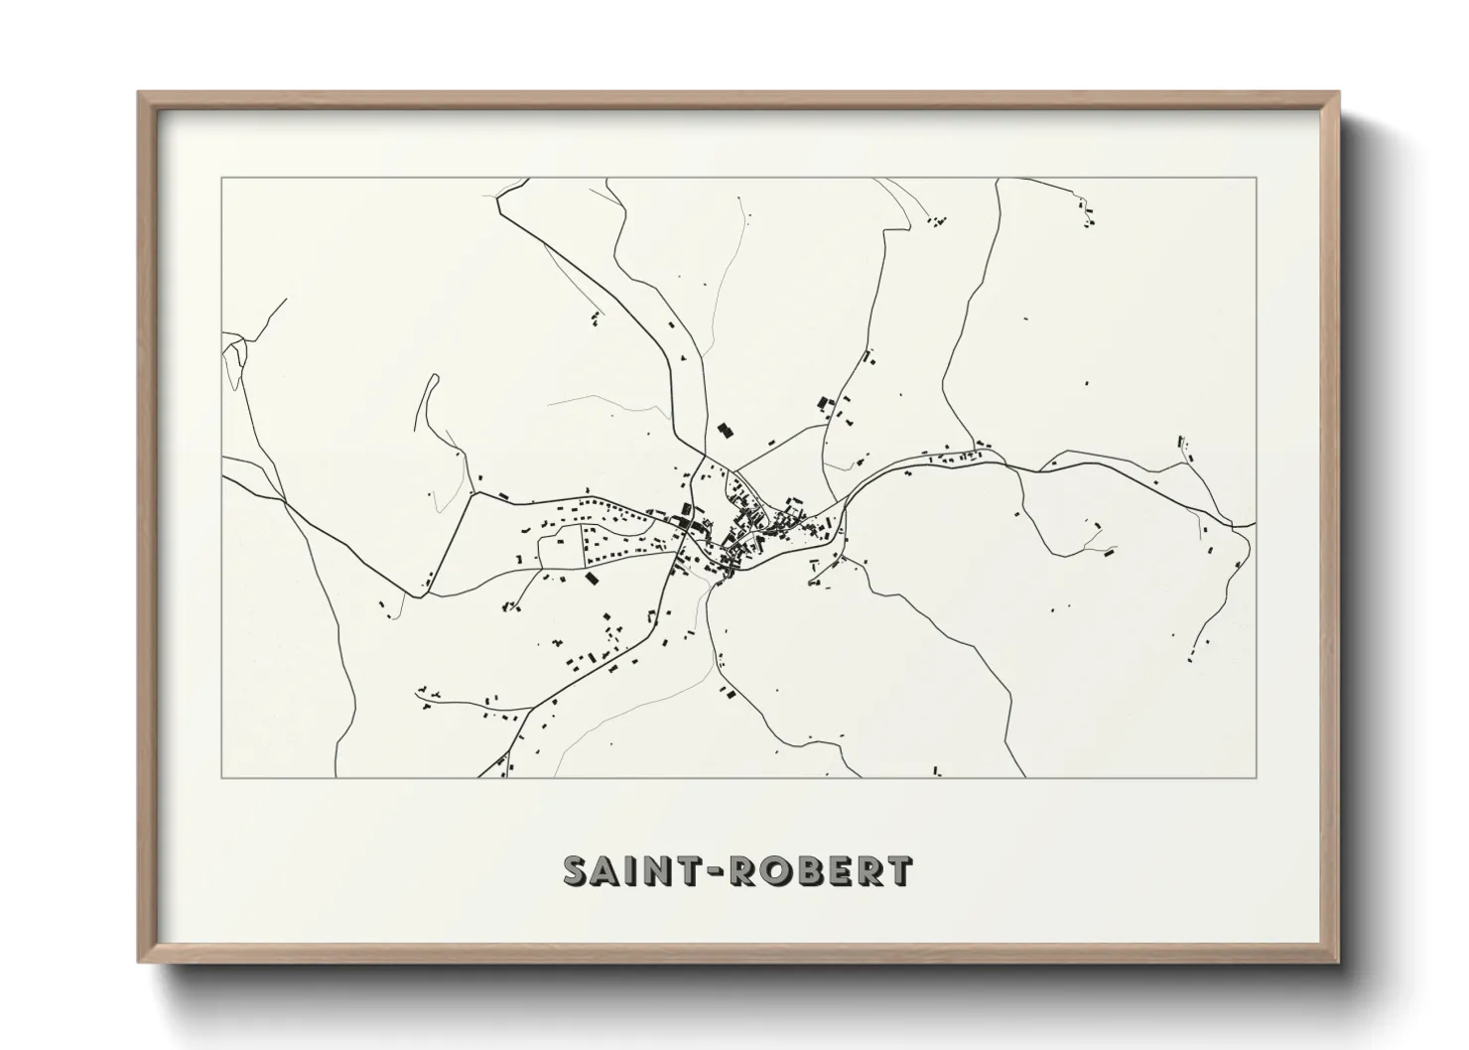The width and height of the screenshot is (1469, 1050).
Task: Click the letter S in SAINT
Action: point(578,870)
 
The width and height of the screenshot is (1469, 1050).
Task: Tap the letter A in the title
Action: point(608,870)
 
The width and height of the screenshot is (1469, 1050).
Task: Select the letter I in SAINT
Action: point(631,870)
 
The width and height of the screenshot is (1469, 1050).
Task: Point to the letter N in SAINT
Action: point(658,870)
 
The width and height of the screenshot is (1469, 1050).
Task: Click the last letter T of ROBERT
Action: point(899,870)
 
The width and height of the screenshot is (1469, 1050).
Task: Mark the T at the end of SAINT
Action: point(690,870)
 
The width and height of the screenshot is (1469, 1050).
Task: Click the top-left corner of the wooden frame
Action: point(139,93)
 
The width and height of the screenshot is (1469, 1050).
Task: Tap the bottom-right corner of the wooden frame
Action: point(1338,962)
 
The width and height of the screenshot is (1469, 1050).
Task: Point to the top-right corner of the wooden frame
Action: point(1338,93)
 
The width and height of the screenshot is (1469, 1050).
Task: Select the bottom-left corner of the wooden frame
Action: point(139,962)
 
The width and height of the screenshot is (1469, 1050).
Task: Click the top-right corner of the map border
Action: point(1256,178)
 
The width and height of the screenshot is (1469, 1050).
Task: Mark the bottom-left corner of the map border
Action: point(221,777)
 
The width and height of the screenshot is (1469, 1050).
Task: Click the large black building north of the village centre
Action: point(725,431)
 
